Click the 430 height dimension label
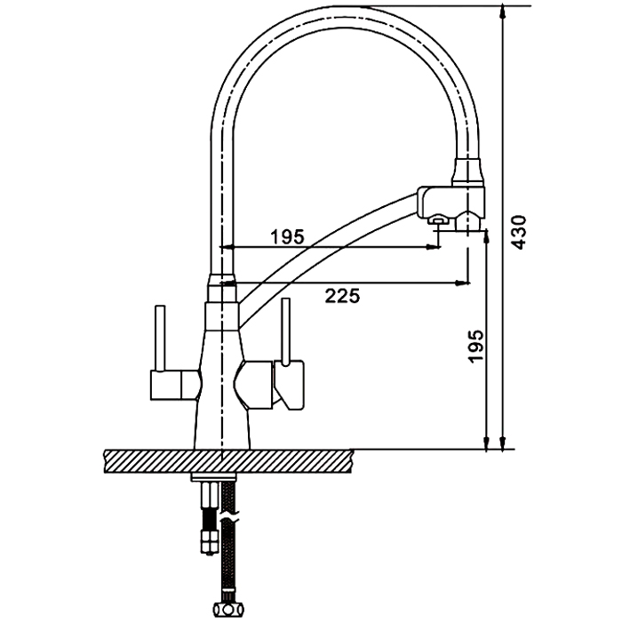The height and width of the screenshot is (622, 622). (518, 233)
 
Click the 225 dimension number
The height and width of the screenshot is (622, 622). (343, 296)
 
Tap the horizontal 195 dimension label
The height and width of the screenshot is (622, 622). (287, 237)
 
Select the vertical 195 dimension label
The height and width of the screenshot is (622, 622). (476, 346)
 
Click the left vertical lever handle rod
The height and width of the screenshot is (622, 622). (160, 339)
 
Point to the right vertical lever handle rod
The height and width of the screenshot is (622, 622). (285, 331)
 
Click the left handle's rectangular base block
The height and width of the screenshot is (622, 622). (174, 385)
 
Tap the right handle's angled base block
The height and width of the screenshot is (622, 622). (290, 385)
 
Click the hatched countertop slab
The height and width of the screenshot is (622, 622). (228, 461)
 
